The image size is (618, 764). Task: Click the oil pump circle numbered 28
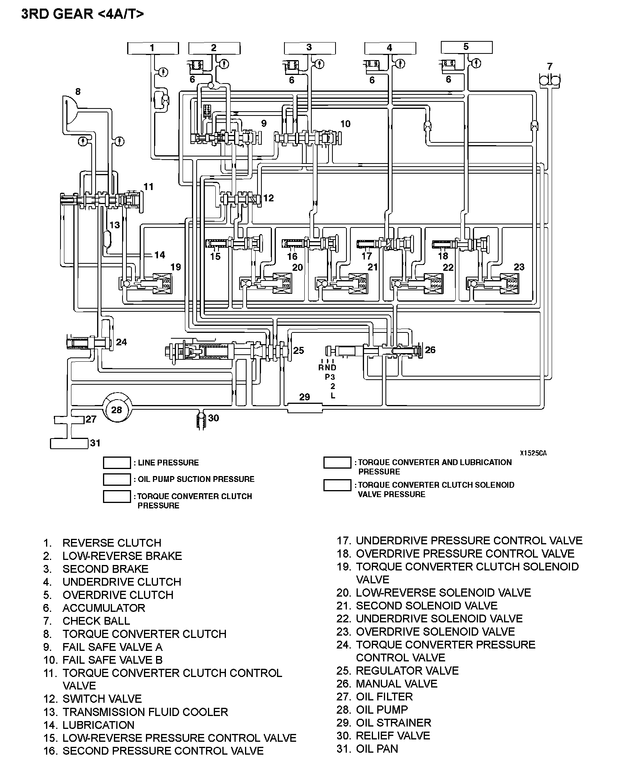coord(116,409)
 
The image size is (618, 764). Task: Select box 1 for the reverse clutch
coord(153,48)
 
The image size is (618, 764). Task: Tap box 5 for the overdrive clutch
coord(466,47)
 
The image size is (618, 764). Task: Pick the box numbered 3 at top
coord(309,48)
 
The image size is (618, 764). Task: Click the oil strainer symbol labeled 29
coord(305,408)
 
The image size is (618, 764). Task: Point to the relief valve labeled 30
coord(200,421)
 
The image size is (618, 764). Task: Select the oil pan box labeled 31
coord(69,443)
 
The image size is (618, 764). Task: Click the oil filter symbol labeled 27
coord(69,420)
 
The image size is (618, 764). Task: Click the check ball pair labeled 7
coord(549,80)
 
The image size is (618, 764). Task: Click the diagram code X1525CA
coord(533,453)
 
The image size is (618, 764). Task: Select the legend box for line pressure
coord(117,463)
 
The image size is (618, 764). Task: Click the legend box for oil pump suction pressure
coord(117,479)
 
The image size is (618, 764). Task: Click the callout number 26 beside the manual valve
coord(430,350)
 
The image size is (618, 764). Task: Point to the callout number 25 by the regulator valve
coord(298,350)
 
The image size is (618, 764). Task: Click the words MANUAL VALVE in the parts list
coord(396,684)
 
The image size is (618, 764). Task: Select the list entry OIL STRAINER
coord(393,723)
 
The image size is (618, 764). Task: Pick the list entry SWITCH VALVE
coord(102,699)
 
